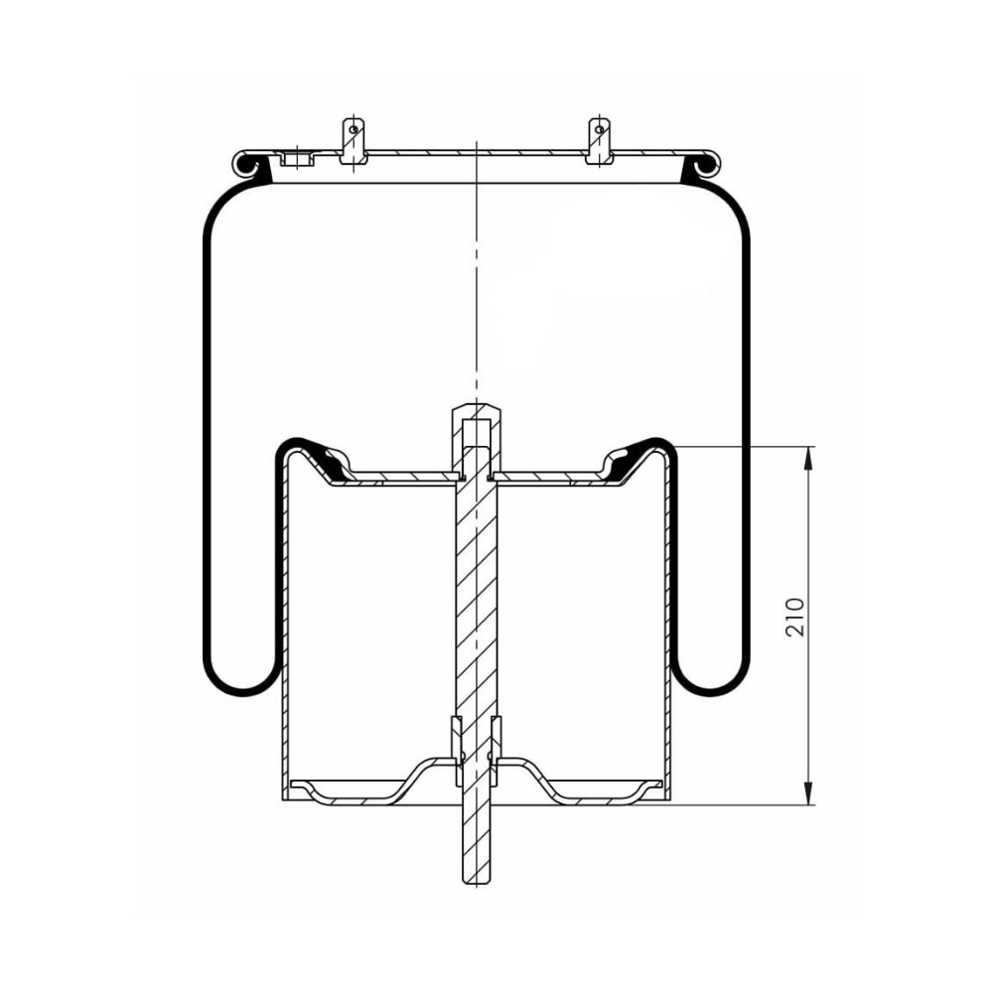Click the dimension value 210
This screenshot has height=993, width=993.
(x=794, y=617)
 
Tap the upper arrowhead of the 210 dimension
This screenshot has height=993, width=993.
(x=808, y=458)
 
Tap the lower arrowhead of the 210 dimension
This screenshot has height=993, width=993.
(x=808, y=793)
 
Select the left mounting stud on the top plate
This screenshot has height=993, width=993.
(x=354, y=141)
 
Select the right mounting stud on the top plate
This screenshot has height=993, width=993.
(x=599, y=141)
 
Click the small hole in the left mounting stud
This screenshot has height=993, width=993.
(x=354, y=130)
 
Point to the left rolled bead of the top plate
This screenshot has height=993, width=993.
(x=246, y=164)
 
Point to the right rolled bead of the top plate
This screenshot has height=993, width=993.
(x=706, y=164)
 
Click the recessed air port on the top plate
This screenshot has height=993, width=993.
(x=298, y=158)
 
